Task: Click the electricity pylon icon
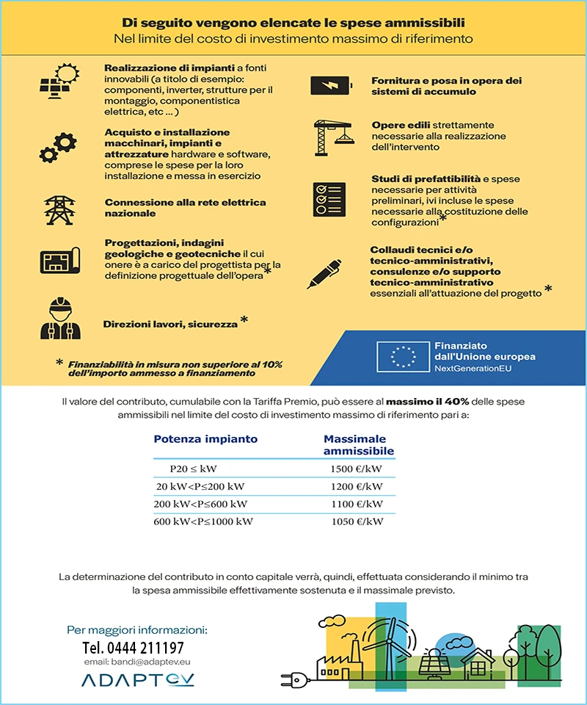click(x=57, y=208)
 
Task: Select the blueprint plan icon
click(x=58, y=260)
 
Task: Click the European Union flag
click(x=402, y=355)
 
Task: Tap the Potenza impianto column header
click(x=205, y=439)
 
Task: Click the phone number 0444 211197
click(x=133, y=648)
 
